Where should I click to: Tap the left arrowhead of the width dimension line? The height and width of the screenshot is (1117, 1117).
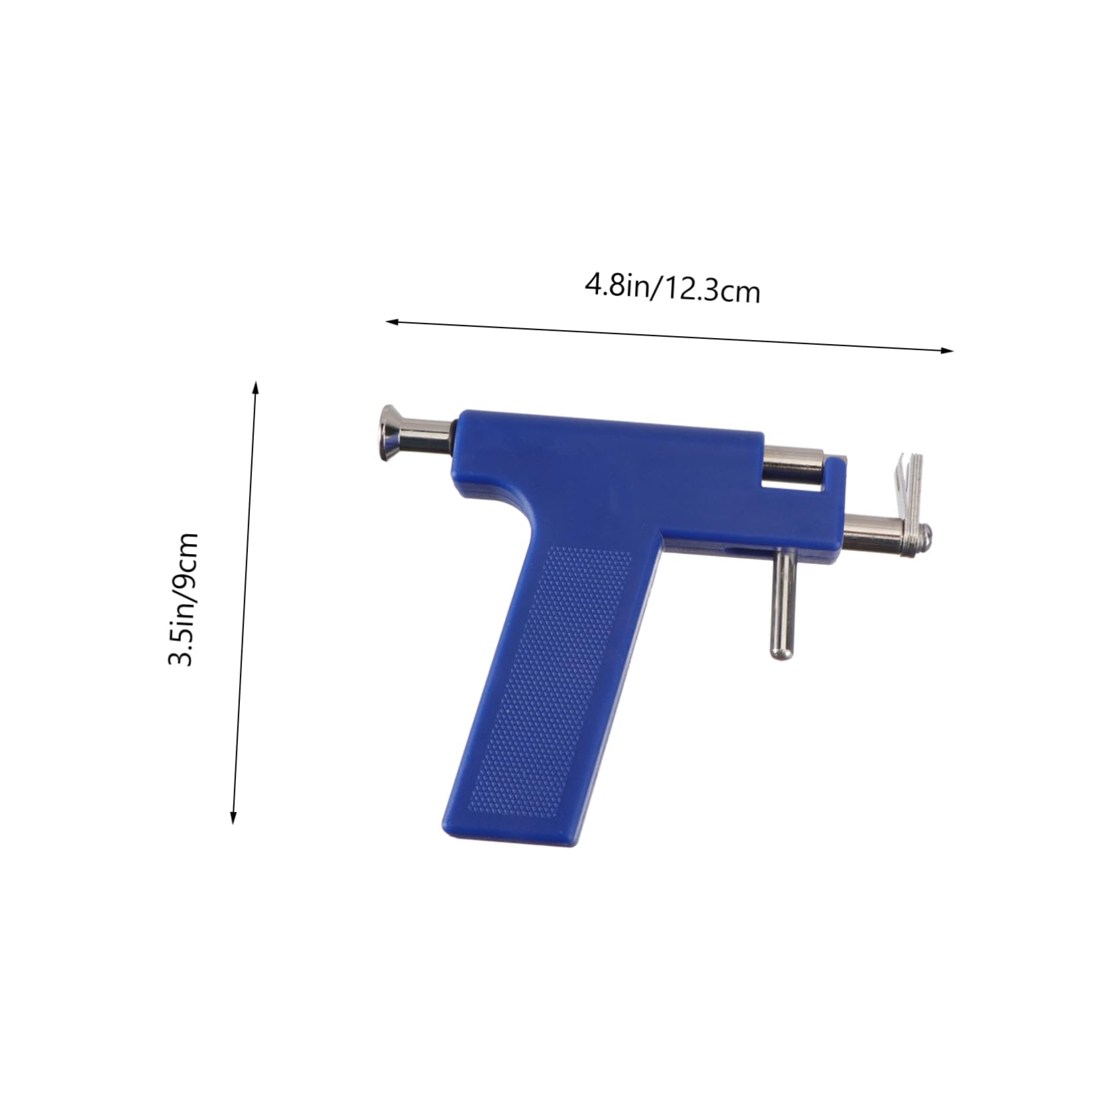[392, 322]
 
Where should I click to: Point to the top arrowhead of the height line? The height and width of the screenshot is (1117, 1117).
[256, 387]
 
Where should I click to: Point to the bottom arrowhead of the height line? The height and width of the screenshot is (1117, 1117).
[233, 817]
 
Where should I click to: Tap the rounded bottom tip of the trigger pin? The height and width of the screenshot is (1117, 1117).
[781, 656]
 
